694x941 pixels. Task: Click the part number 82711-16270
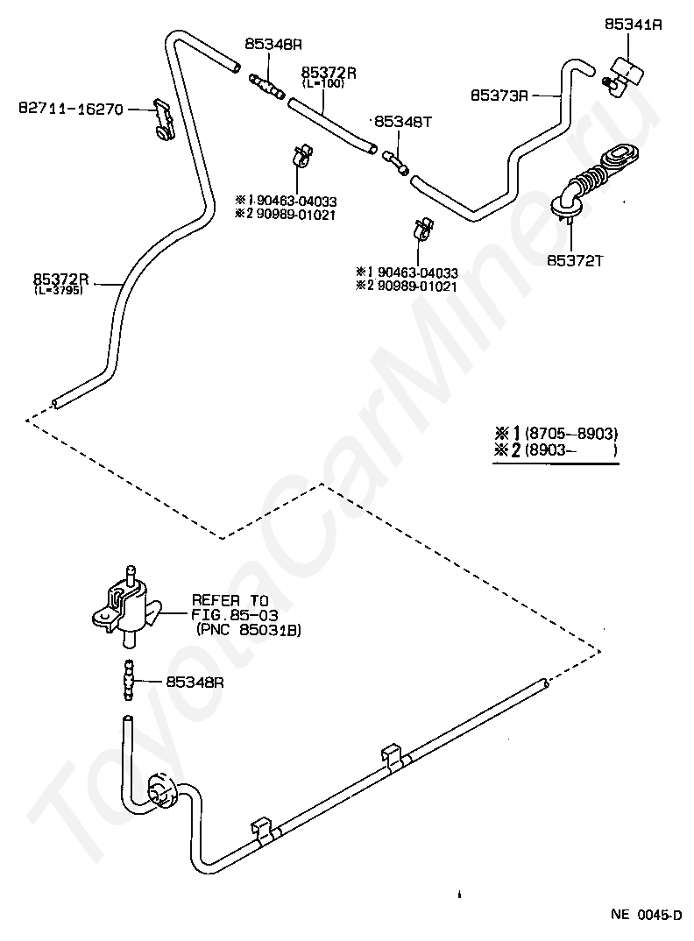[71, 110]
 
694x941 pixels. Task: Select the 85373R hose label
[499, 96]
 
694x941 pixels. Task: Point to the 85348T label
[403, 122]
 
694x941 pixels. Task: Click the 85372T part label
[575, 260]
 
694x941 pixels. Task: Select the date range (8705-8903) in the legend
[571, 434]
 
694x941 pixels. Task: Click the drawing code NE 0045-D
[647, 915]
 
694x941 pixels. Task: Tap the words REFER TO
[230, 600]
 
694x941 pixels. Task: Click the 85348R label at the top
[273, 44]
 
